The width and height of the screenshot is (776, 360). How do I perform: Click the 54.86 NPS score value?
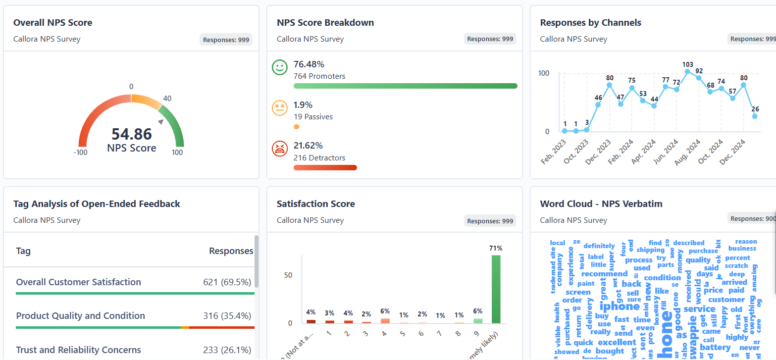(131, 134)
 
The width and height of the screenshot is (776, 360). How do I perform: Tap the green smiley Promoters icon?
(280, 68)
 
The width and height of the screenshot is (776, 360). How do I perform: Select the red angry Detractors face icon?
(280, 149)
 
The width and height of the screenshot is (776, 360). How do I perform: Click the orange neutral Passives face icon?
(280, 108)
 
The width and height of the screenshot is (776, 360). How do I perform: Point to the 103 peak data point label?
(687, 64)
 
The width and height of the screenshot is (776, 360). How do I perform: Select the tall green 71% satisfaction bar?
(496, 289)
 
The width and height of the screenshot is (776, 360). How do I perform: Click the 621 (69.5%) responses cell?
(227, 282)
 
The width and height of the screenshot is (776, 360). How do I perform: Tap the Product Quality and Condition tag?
(81, 316)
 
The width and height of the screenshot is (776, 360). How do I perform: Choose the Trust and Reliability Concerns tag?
(78, 350)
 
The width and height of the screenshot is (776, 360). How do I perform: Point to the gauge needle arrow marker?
(161, 122)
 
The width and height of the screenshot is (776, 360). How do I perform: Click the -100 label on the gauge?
(80, 153)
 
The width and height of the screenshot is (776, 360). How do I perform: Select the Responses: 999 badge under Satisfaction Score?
(490, 221)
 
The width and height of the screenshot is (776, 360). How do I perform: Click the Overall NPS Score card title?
(52, 23)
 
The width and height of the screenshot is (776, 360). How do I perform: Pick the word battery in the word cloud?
(715, 347)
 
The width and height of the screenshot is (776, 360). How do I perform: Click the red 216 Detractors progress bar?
(325, 167)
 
